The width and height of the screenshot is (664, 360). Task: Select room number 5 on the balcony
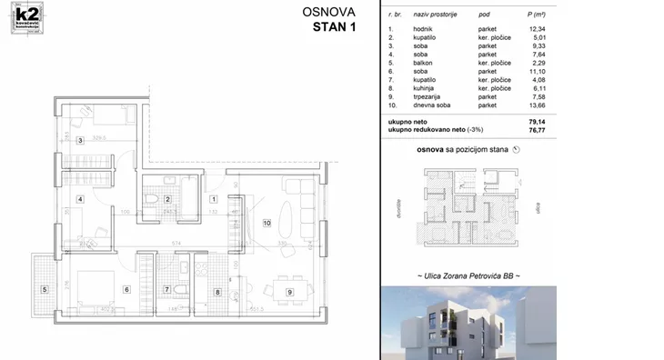43,290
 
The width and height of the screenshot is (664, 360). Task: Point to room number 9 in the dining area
289,292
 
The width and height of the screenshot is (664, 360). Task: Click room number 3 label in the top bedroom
81,140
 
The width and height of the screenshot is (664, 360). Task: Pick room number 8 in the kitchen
217,292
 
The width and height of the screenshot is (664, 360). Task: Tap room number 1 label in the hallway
215,198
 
